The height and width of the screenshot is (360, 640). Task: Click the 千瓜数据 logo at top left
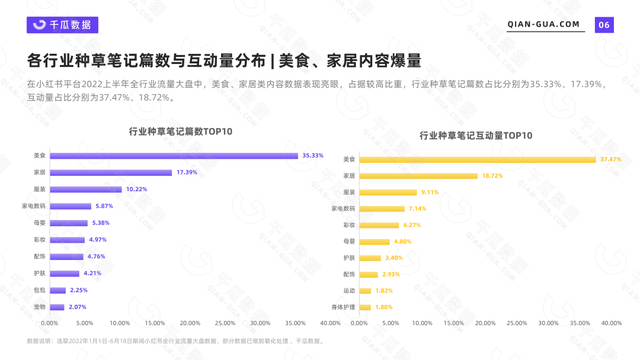(61, 25)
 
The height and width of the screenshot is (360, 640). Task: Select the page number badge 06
(604, 25)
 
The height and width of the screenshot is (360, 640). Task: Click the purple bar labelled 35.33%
(173, 155)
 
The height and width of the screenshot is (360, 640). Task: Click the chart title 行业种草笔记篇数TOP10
(181, 131)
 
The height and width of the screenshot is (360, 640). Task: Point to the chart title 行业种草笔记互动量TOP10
(476, 135)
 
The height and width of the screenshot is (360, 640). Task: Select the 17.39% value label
(187, 172)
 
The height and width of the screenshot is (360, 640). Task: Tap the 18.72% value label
(492, 175)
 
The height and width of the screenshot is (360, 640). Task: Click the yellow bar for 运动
(365, 290)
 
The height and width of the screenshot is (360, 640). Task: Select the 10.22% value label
(136, 189)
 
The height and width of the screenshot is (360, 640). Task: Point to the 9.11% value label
(430, 192)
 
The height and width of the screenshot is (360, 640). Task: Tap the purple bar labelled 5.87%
(70, 206)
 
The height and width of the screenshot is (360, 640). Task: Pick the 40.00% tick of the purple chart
(330, 323)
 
